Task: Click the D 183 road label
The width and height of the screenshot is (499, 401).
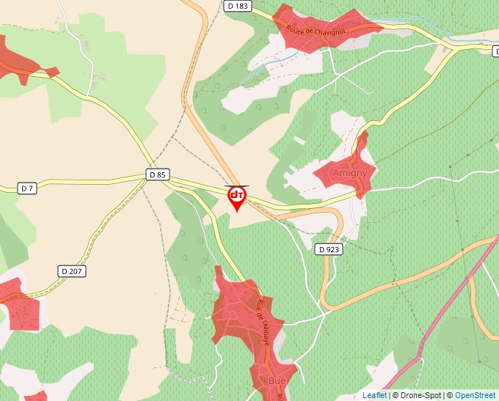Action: (238, 6)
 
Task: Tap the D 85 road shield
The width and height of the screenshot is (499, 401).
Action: (157, 174)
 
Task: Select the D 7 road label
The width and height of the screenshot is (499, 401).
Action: (27, 188)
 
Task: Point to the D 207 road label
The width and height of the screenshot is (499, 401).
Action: (73, 271)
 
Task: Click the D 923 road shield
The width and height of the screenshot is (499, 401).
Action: (329, 249)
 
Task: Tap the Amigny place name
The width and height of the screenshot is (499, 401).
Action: (350, 173)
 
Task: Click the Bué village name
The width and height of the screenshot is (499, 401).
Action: (277, 381)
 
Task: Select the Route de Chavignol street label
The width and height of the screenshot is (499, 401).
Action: (316, 31)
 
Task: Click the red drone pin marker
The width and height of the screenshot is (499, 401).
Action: (237, 197)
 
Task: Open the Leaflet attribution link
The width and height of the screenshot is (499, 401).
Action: (374, 395)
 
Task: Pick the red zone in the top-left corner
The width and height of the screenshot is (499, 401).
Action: (18, 59)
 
